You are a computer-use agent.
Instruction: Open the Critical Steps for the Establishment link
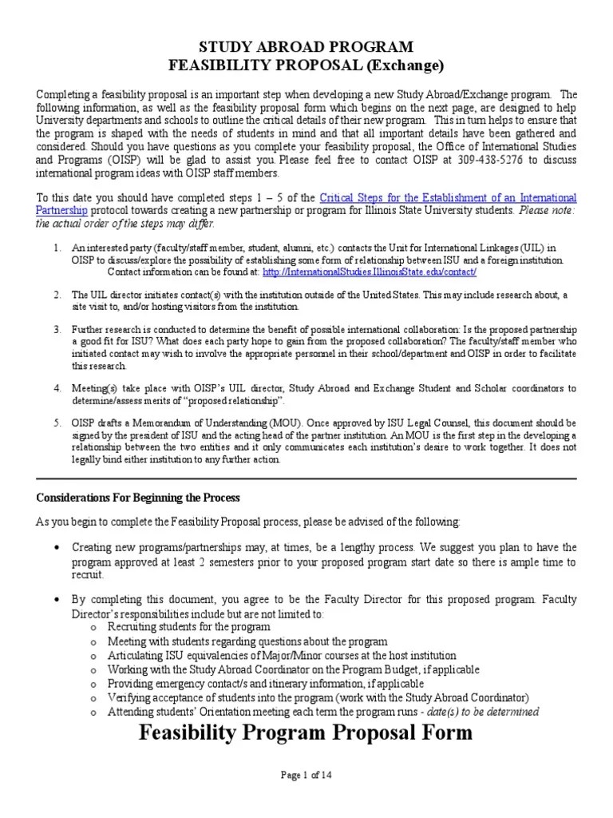pos(448,197)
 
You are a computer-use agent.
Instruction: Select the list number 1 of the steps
pos(57,249)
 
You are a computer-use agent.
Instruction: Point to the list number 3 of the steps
pos(57,329)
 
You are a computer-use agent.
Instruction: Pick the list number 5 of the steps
pos(57,422)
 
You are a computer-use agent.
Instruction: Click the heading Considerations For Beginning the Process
pos(138,497)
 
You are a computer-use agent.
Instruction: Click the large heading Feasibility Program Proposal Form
pos(306,733)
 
